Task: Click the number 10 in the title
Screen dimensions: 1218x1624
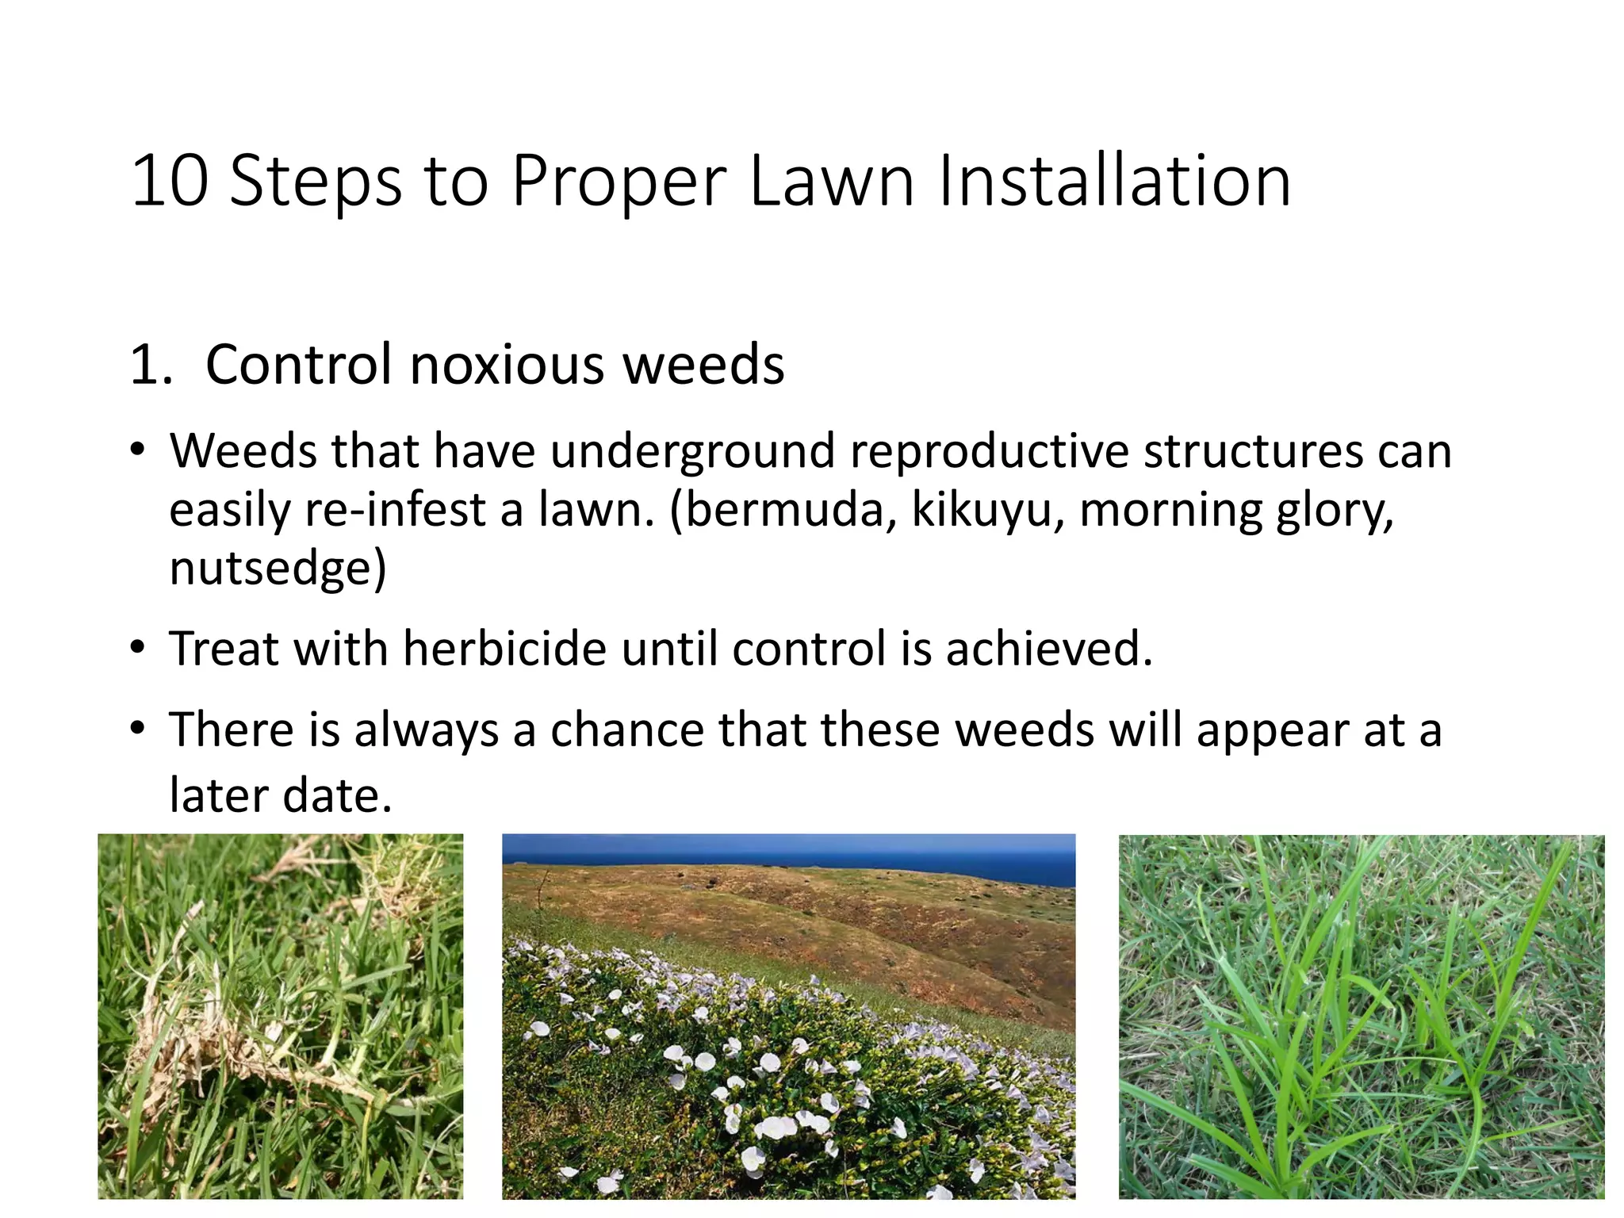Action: [x=170, y=182]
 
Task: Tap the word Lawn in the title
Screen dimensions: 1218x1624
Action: [x=831, y=182]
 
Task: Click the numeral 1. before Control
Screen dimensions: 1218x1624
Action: [x=151, y=365]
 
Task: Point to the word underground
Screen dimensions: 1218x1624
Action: [x=692, y=452]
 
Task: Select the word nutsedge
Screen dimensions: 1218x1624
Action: [x=270, y=568]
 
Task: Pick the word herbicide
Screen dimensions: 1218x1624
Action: [x=505, y=649]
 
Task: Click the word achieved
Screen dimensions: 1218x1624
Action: [x=1048, y=649]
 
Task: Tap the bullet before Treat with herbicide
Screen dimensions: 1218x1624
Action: [x=139, y=648]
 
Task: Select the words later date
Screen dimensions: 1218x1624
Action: [x=281, y=795]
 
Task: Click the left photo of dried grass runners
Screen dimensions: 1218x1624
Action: [x=280, y=1016]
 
